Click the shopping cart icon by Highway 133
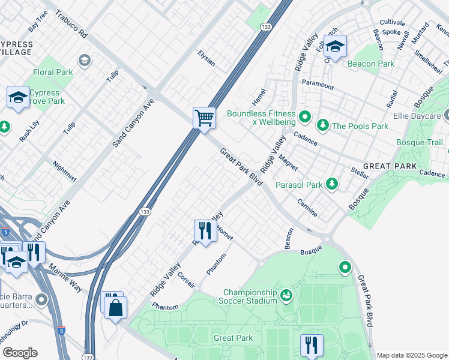(204, 118)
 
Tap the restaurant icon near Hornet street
(205, 230)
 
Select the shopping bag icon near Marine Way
(115, 308)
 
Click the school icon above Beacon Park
(335, 46)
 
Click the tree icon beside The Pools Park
(323, 125)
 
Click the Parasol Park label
(299, 185)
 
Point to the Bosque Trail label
(420, 142)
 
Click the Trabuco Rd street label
(70, 23)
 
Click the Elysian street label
(206, 58)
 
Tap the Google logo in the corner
(20, 353)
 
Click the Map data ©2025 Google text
(412, 355)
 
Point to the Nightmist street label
(65, 171)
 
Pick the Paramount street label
(318, 85)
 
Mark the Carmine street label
(307, 205)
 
